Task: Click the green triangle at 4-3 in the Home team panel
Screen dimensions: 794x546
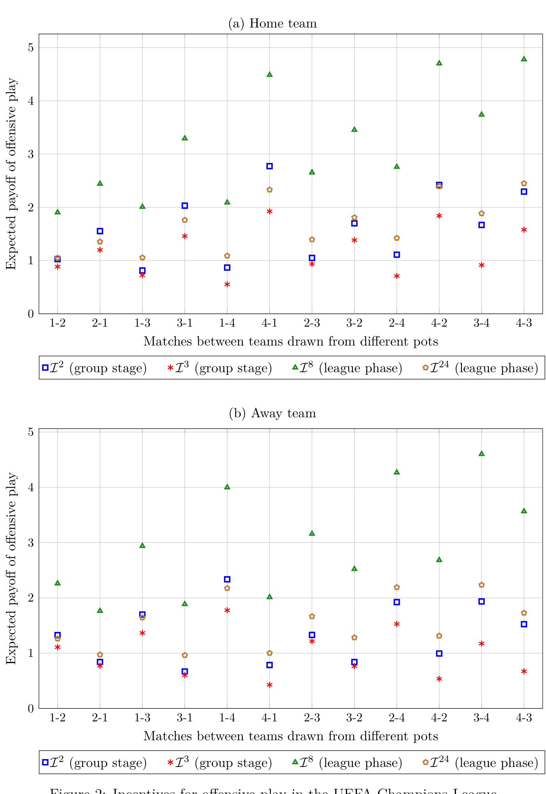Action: click(x=524, y=59)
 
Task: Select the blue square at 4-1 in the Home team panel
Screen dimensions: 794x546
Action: click(x=270, y=166)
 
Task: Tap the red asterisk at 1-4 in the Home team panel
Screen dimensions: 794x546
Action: click(x=227, y=284)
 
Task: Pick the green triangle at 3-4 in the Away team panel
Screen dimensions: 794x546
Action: click(x=481, y=453)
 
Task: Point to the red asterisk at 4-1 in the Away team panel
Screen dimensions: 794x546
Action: click(x=270, y=685)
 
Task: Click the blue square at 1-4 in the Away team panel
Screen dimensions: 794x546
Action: click(x=227, y=579)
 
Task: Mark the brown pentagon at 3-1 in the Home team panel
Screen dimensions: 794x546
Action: click(x=185, y=220)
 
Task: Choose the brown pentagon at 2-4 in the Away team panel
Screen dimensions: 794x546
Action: click(x=397, y=587)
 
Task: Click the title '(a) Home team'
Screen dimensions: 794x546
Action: click(x=272, y=23)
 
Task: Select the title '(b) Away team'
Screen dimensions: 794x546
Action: click(x=272, y=413)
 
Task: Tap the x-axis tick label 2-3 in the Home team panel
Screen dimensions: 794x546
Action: click(x=312, y=323)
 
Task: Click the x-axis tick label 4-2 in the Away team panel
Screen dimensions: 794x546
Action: click(x=439, y=718)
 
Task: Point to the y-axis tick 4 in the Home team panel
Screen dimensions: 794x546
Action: click(x=31, y=101)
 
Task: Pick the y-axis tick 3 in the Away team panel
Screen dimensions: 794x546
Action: click(x=31, y=543)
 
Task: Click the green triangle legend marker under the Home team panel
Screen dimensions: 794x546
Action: click(x=295, y=367)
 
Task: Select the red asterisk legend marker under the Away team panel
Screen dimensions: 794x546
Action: click(x=170, y=762)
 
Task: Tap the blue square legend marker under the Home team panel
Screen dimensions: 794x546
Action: click(x=46, y=368)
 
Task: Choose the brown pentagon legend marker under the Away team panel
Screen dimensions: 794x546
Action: click(x=426, y=762)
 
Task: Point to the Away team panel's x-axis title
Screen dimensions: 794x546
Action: click(x=290, y=736)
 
